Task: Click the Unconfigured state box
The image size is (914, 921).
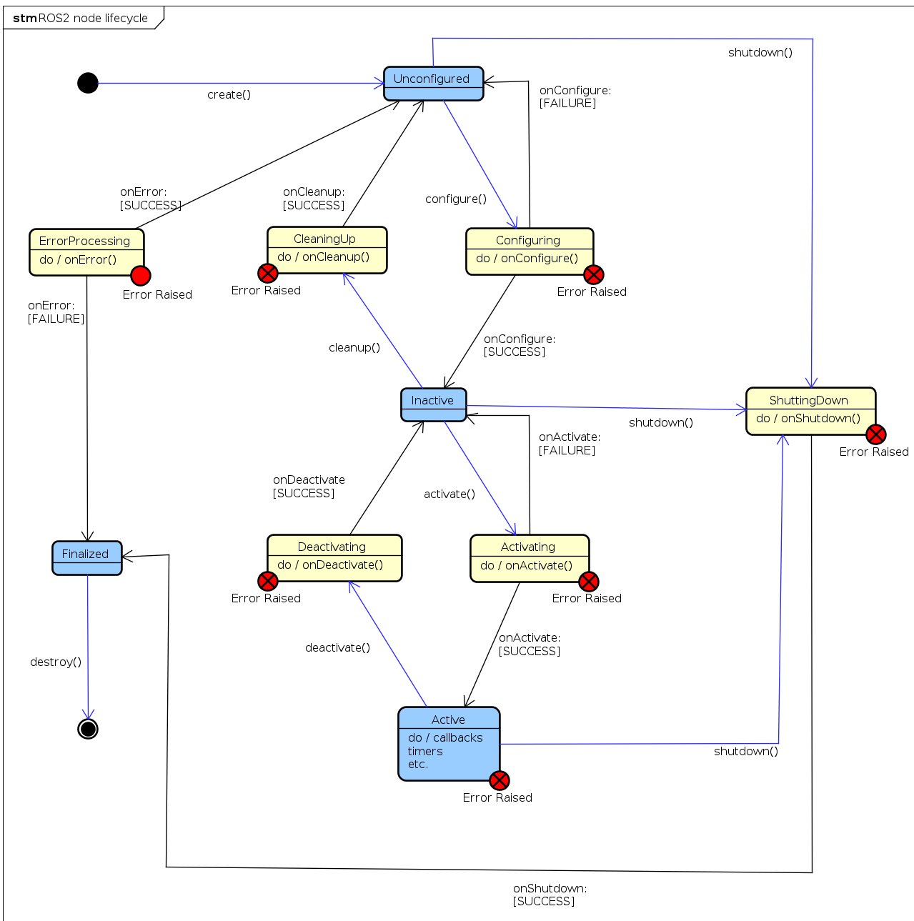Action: [x=433, y=84]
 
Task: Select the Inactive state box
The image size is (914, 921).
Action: [x=433, y=404]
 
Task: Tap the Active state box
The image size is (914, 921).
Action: [x=449, y=743]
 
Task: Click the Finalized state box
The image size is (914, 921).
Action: [x=86, y=557]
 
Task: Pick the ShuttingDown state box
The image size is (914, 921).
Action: [x=810, y=411]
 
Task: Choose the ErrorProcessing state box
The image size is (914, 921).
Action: [x=86, y=252]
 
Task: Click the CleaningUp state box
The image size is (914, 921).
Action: [x=327, y=249]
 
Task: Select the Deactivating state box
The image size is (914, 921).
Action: [x=334, y=557]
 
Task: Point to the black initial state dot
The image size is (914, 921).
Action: [x=88, y=83]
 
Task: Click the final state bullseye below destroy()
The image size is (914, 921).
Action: [x=88, y=729]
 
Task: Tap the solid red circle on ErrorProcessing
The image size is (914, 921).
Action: [x=141, y=275]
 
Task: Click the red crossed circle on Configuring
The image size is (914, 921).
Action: [x=593, y=274]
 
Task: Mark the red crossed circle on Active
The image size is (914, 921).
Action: [x=499, y=780]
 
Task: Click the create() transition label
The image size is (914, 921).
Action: [x=229, y=94]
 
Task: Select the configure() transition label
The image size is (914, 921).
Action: [x=455, y=199]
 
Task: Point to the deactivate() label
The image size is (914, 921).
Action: [x=337, y=647]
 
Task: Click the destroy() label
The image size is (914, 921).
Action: [x=56, y=662]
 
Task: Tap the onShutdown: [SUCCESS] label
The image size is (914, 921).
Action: [x=549, y=895]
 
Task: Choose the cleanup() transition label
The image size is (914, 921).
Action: [x=354, y=347]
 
